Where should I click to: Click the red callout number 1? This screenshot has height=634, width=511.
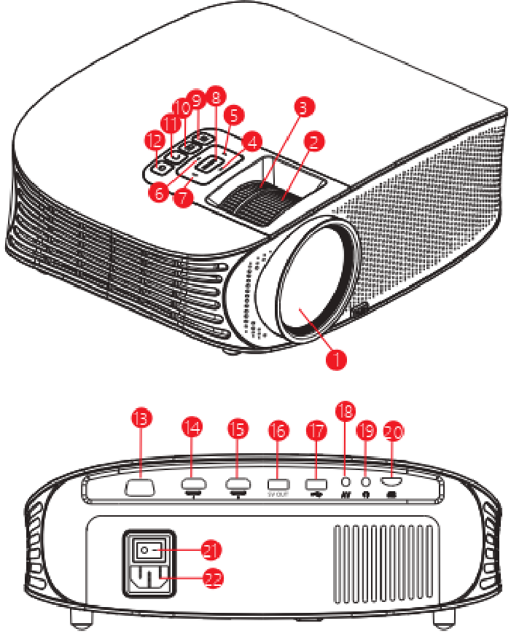tap(336, 359)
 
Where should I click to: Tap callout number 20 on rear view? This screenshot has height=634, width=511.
tap(392, 431)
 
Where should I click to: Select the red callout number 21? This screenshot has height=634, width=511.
tap(211, 549)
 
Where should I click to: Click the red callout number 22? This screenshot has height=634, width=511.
tap(211, 579)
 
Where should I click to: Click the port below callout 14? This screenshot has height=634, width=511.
tap(192, 482)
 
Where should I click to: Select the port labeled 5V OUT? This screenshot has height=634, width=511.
tap(278, 483)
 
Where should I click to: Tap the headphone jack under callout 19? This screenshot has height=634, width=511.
tap(367, 481)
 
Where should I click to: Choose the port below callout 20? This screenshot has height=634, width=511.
tap(394, 482)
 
